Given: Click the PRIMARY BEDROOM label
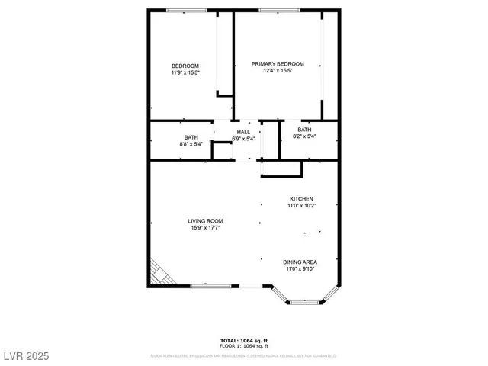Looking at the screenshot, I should pos(278,64).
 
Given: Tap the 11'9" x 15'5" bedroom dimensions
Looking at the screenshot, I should pos(185,73).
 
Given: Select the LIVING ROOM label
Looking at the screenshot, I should pos(207,221).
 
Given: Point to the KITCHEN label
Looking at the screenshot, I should pos(301,198).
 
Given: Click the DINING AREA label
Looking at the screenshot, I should pos(300,262).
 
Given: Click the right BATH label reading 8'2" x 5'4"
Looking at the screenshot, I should pos(304,130).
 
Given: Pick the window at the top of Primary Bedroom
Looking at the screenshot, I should pos(278,10).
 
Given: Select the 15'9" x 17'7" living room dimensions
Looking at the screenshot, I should pos(207,228).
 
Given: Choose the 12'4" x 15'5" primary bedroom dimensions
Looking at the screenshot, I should pos(278,71).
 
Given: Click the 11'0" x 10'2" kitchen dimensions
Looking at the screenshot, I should pos(301,205).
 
